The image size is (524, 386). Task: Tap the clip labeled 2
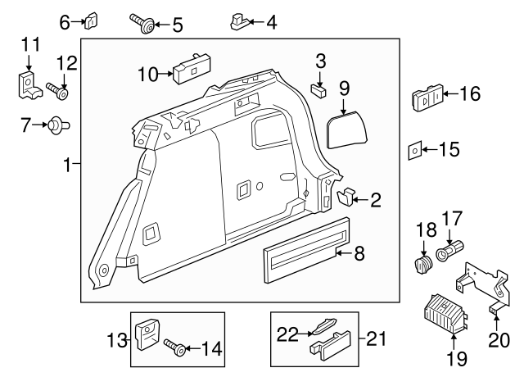[x=347, y=197]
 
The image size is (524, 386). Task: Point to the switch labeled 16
[x=428, y=98]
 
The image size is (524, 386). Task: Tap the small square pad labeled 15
[x=415, y=150]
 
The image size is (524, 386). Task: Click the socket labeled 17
[x=451, y=248]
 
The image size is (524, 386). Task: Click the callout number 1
[x=69, y=166]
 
